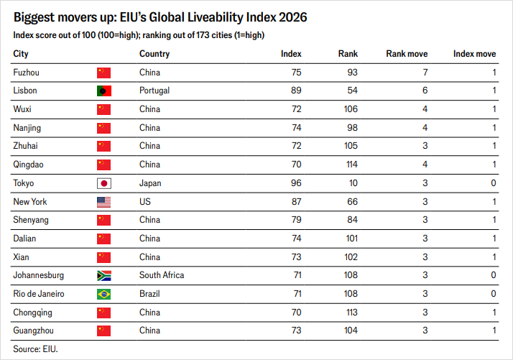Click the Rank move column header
407,54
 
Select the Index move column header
474,54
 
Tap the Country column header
154,54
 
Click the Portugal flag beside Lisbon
104,91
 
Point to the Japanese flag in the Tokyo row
104,183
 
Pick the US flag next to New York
104,202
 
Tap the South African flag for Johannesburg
104,275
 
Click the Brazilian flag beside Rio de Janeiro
104,294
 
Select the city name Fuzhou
26,73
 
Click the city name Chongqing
33,313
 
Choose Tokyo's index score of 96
296,183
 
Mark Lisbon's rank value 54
352,91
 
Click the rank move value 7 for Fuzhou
425,73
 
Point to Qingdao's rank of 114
352,165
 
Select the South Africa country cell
162,275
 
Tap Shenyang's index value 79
297,220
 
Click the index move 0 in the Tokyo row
494,183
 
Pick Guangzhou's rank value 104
351,331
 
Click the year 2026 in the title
293,17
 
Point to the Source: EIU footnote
35,349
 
